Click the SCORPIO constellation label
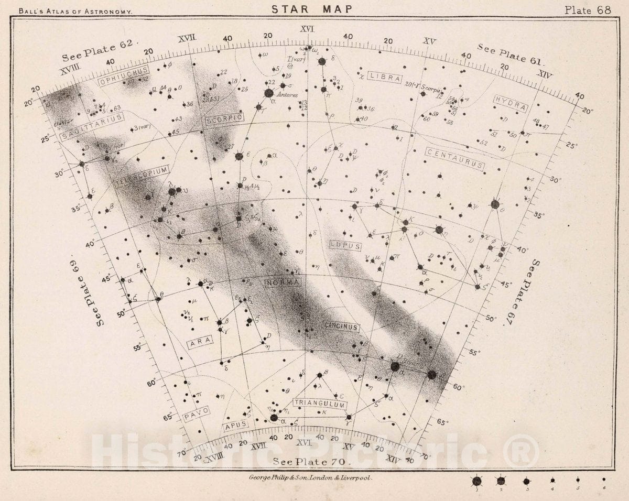click(x=225, y=119)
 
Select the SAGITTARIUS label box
click(x=92, y=127)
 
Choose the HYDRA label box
click(x=510, y=103)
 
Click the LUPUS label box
click(x=345, y=245)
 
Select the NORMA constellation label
click(x=283, y=283)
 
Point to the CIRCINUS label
click(x=341, y=327)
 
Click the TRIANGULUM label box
click(x=320, y=404)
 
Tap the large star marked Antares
click(x=268, y=93)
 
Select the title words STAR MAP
click(x=311, y=9)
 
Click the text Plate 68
click(x=587, y=10)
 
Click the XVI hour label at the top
click(x=307, y=29)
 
